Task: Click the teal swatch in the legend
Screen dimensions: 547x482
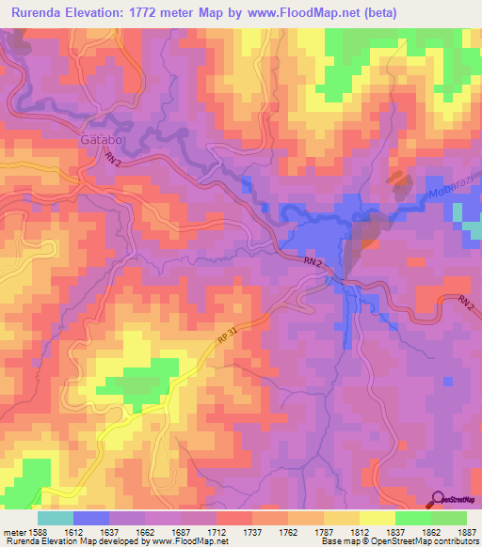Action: pyautogui.click(x=56, y=518)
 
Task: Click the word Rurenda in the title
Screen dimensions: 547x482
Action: pyautogui.click(x=42, y=13)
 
